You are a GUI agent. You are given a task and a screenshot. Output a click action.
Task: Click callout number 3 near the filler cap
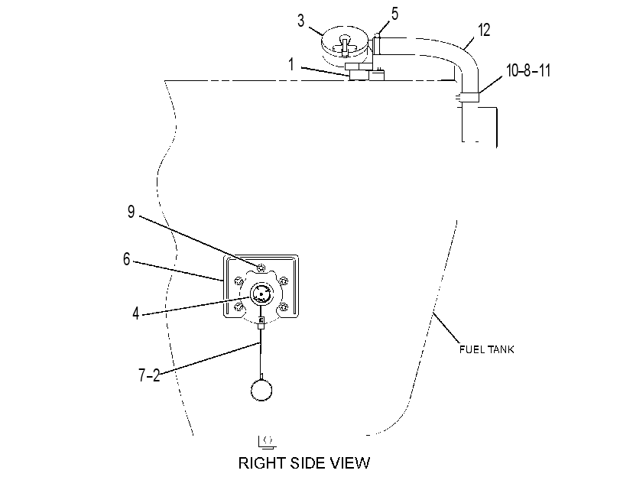pyautogui.click(x=301, y=21)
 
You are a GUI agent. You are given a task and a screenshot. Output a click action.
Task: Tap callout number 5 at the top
pyautogui.click(x=394, y=14)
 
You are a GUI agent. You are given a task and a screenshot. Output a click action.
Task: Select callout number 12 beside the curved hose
pyautogui.click(x=484, y=30)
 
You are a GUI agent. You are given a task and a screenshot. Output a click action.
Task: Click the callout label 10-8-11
pyautogui.click(x=528, y=70)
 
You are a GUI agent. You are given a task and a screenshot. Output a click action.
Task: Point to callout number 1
pyautogui.click(x=291, y=64)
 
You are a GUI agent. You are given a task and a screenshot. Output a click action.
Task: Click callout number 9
pyautogui.click(x=131, y=212)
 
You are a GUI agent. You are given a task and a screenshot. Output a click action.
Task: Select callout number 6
pyautogui.click(x=127, y=259)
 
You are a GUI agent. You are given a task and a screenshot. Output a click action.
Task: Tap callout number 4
pyautogui.click(x=136, y=313)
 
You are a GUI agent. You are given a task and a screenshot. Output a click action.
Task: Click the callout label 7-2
pyautogui.click(x=150, y=375)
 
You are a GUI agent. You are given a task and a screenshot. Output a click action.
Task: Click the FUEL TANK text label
pyautogui.click(x=487, y=349)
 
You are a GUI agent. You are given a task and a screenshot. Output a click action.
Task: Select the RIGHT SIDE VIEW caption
pyautogui.click(x=304, y=462)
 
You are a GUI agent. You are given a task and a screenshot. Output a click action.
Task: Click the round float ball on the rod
pyautogui.click(x=261, y=391)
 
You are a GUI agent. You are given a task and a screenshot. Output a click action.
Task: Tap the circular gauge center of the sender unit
pyautogui.click(x=261, y=294)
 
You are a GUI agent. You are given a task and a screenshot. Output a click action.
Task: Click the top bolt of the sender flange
pyautogui.click(x=261, y=268)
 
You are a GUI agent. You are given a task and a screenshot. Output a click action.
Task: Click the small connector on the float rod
pyautogui.click(x=261, y=323)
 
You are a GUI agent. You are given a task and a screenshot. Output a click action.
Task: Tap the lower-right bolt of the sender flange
pyautogui.click(x=283, y=307)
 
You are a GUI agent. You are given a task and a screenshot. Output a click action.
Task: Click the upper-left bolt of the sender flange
pyautogui.click(x=238, y=281)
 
